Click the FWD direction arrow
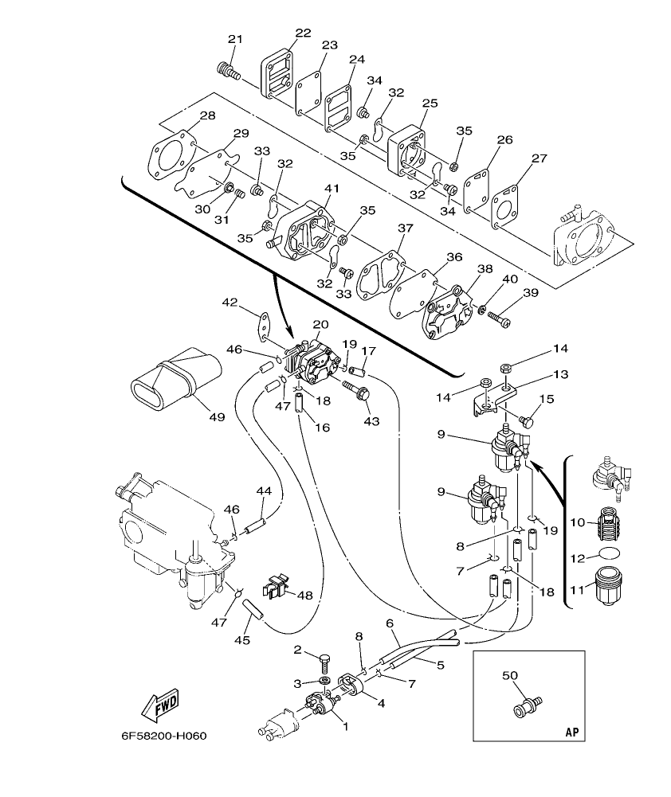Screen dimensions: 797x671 coord(159,703)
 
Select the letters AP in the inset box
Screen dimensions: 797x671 coord(571,730)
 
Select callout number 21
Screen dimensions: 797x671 coord(234,40)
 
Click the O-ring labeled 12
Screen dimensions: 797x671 coord(610,554)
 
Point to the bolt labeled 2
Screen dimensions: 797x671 coord(324,660)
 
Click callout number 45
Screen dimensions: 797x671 coord(241,639)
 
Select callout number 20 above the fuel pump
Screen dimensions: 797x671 coord(320,324)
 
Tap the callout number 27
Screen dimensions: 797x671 coord(540,158)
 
